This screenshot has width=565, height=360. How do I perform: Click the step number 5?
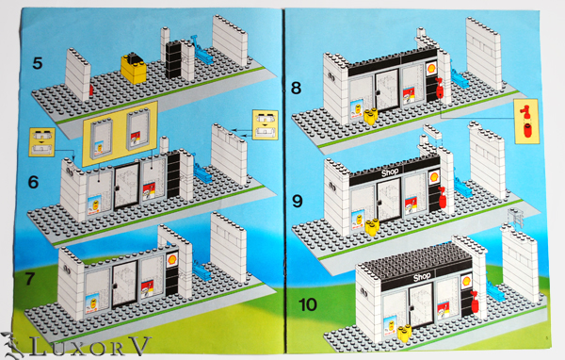(x=38, y=63)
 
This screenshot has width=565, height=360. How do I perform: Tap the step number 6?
(x=33, y=182)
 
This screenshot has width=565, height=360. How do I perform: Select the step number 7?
(x=29, y=278)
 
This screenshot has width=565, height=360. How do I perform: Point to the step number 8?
(x=296, y=88)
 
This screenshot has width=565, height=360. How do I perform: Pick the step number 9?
(x=298, y=202)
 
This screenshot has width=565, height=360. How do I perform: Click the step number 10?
(x=308, y=304)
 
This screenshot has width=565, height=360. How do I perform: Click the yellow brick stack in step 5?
(x=134, y=68)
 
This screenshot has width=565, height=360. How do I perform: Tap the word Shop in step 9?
(x=390, y=172)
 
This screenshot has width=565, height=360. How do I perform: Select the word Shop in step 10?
(x=422, y=277)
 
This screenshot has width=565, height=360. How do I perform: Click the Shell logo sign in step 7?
(x=172, y=259)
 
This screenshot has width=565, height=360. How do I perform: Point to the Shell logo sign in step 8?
(x=430, y=68)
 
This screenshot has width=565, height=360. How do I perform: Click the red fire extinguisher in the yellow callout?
(x=526, y=122)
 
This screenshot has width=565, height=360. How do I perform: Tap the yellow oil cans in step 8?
(x=371, y=116)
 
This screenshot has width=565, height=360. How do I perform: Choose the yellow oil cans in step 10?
(x=405, y=333)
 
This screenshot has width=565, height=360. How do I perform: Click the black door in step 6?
(x=126, y=187)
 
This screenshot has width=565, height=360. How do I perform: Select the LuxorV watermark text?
(x=90, y=346)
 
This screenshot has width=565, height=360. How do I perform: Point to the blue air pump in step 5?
(x=200, y=51)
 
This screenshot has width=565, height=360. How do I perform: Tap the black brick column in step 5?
(x=173, y=59)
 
